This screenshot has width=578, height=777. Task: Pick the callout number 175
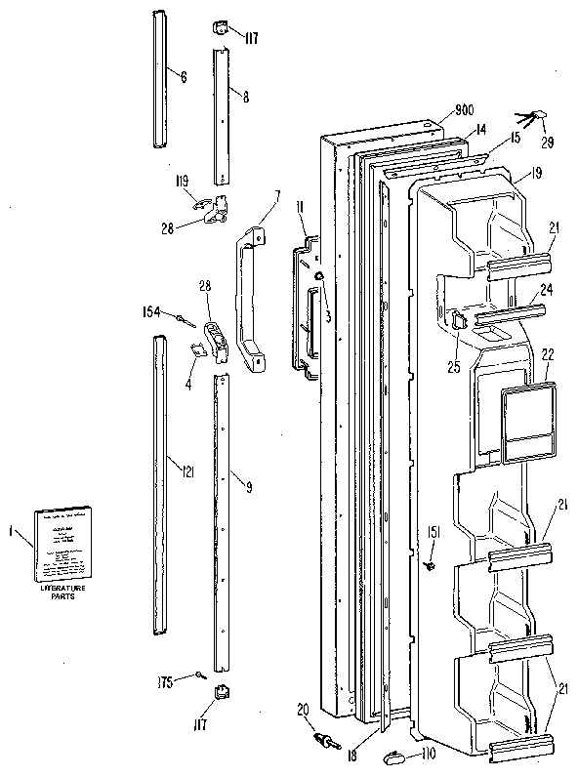[x=167, y=681]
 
